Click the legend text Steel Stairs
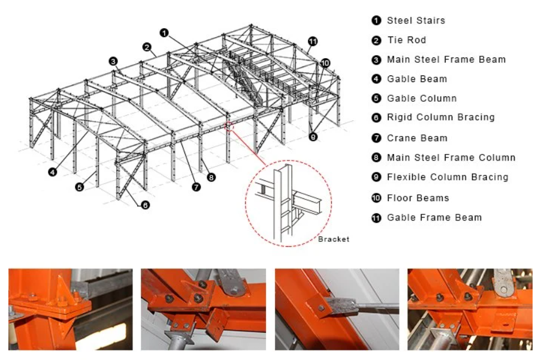point(416,21)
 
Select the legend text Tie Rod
point(406,40)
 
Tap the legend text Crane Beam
point(417,138)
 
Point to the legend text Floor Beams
point(418,198)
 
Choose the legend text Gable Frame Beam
point(434,217)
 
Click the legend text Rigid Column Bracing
point(440,117)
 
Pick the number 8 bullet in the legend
point(376,158)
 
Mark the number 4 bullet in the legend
point(376,79)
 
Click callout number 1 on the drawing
point(164,33)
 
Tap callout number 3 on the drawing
point(113,61)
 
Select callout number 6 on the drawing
point(145,205)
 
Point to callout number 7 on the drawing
point(196,187)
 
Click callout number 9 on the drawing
point(313,137)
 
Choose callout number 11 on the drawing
point(313,42)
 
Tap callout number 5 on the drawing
point(79,187)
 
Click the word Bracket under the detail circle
point(333,240)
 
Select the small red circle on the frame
point(229,126)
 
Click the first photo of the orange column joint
point(70,310)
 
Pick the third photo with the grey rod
point(337,310)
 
